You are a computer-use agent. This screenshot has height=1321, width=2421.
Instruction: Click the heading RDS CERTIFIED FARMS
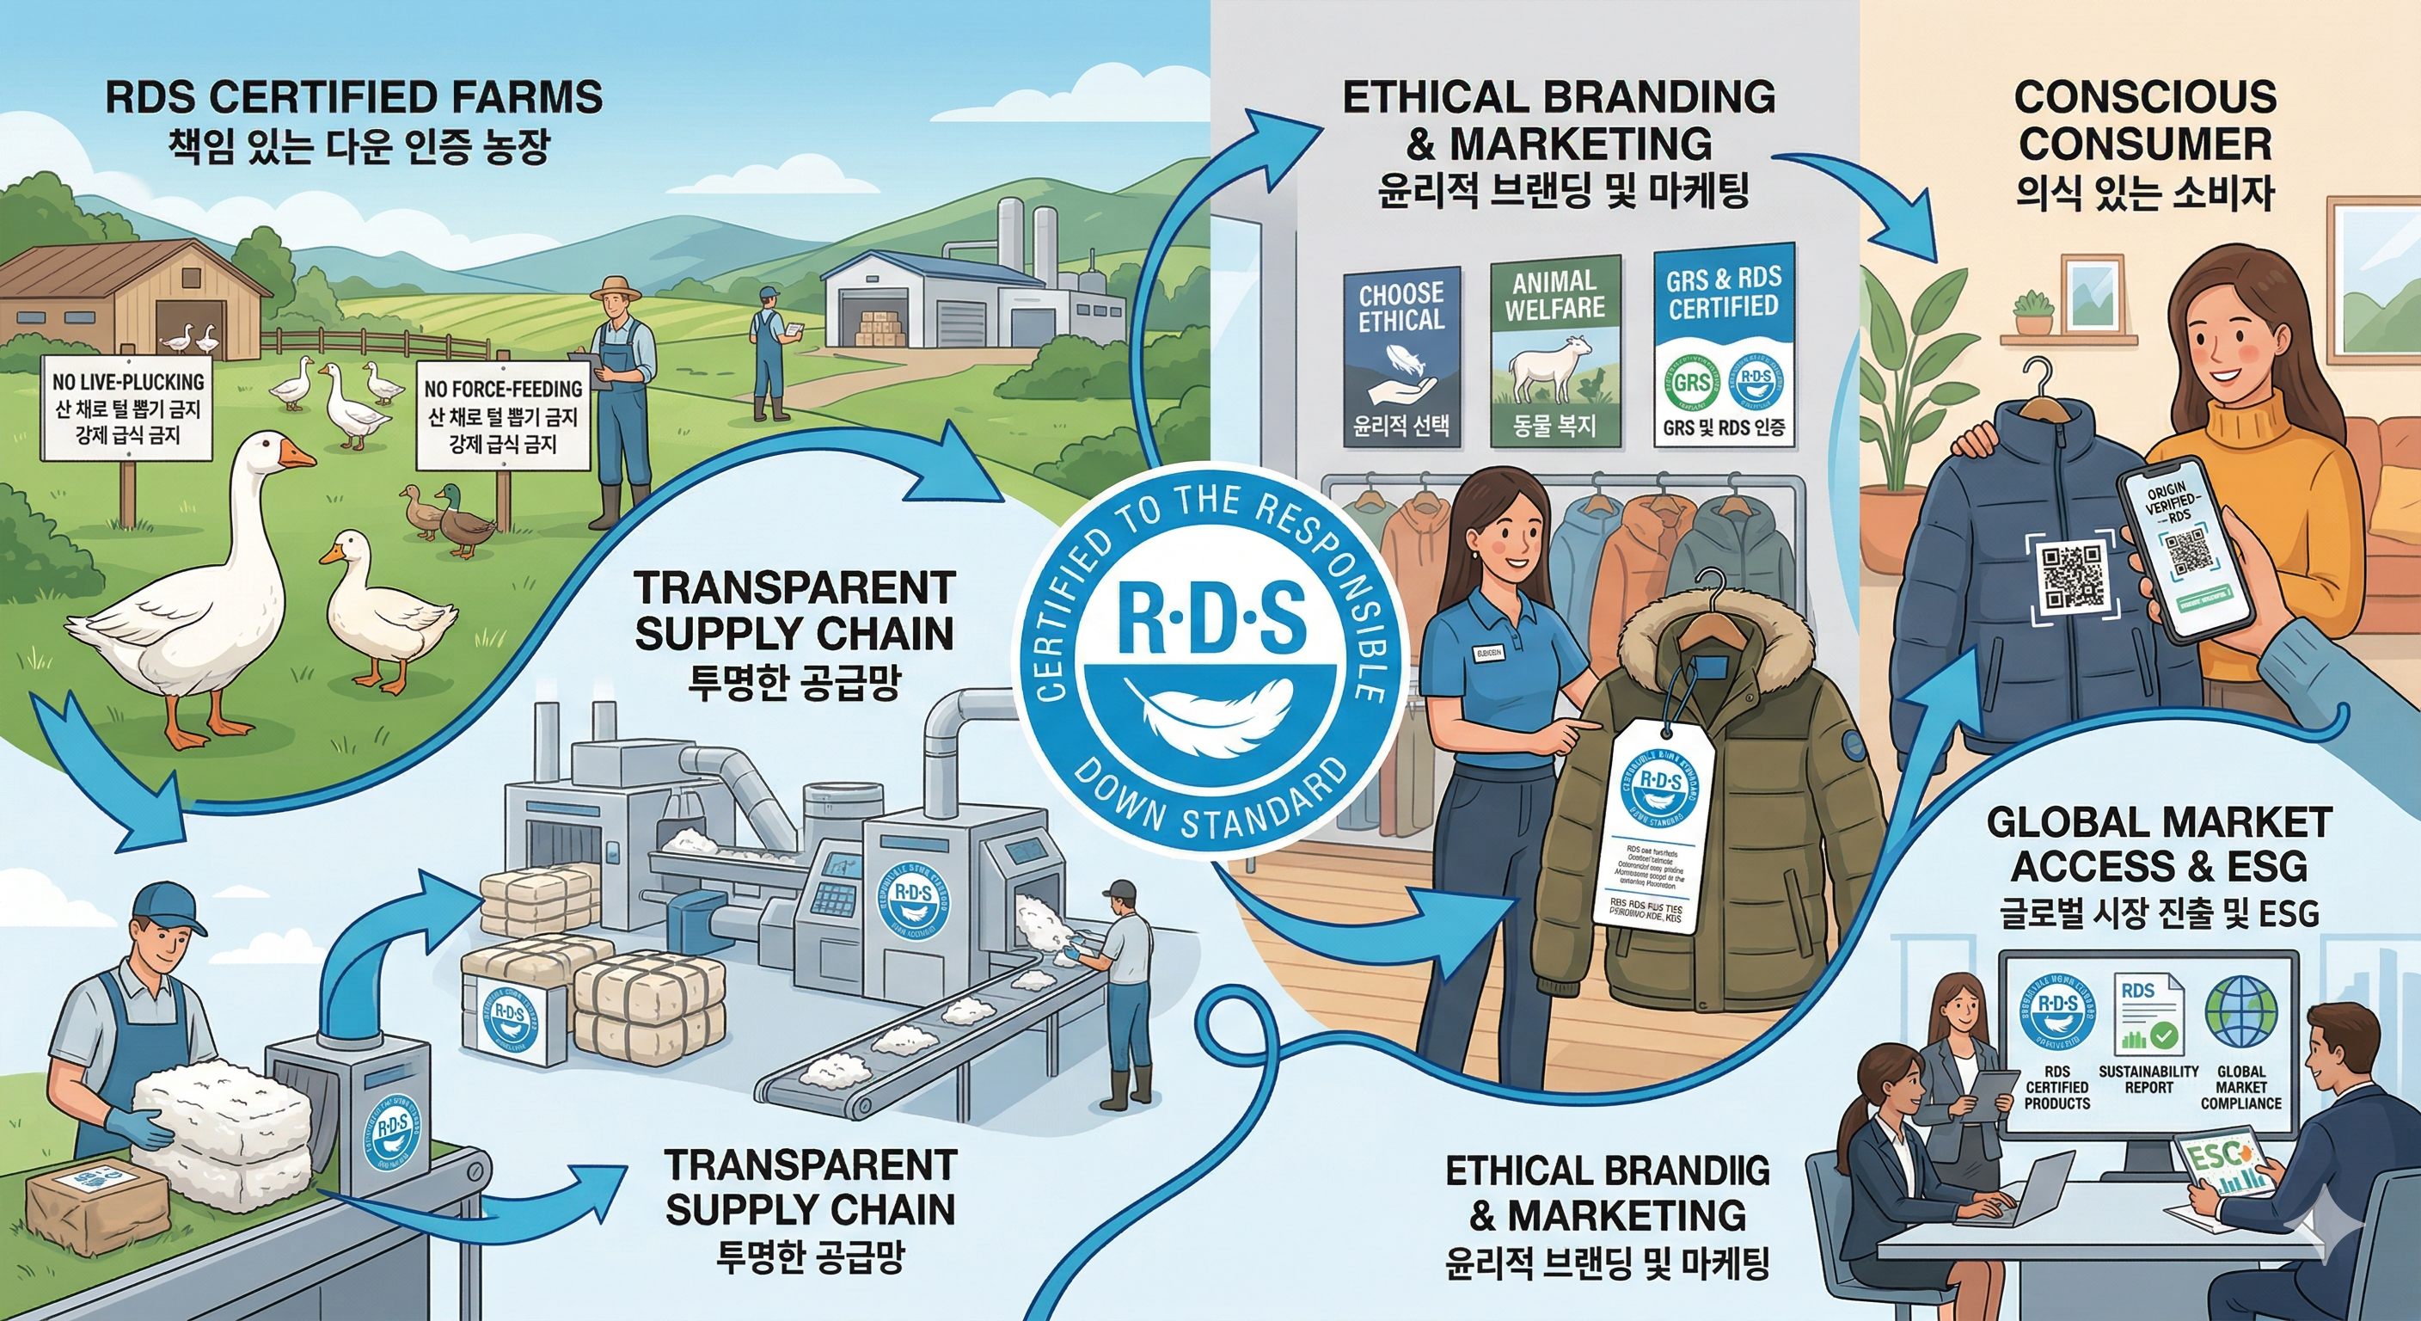[353, 97]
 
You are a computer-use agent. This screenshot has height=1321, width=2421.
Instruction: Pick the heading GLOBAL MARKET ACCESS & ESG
[2160, 844]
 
